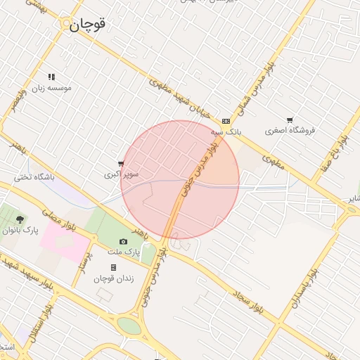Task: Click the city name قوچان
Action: click(x=88, y=24)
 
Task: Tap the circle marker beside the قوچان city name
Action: click(x=66, y=24)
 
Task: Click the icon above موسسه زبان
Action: click(x=51, y=77)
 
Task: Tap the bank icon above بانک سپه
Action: click(x=226, y=121)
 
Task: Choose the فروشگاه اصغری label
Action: click(x=290, y=131)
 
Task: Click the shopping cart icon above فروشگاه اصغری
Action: click(x=290, y=120)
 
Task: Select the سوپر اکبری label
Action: click(x=122, y=174)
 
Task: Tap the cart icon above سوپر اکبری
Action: click(x=121, y=164)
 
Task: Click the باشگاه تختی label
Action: click(x=34, y=177)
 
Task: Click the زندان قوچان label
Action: click(x=114, y=278)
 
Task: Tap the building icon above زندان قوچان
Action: click(x=114, y=268)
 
